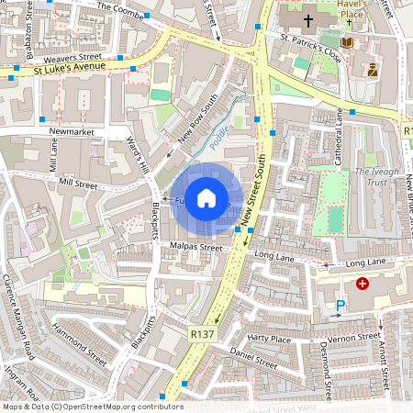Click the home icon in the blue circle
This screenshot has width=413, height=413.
click(206, 197)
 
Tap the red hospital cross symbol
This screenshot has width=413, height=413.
click(363, 285)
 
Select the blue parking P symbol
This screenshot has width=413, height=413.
click(341, 307)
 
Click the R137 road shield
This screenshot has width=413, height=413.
click(202, 335)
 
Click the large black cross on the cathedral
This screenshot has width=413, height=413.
click(308, 18)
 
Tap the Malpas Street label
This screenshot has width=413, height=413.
click(196, 247)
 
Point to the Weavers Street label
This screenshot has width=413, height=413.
click(95, 57)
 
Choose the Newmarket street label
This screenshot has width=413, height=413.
click(71, 132)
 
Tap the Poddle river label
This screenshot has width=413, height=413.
click(218, 136)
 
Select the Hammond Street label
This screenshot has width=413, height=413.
click(82, 339)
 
